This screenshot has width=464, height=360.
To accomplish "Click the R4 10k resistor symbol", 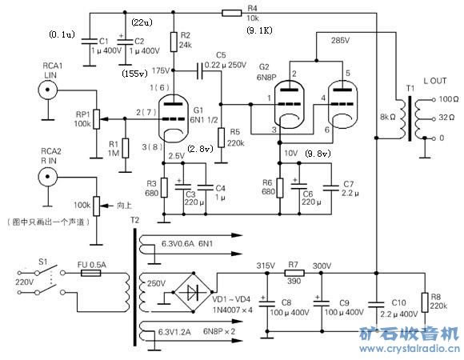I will tap(231, 13).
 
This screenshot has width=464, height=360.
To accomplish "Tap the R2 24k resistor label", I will tap(186, 40).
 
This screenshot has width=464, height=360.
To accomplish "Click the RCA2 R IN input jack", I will tap(49, 175).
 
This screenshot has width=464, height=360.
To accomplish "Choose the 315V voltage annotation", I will tap(266, 265).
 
